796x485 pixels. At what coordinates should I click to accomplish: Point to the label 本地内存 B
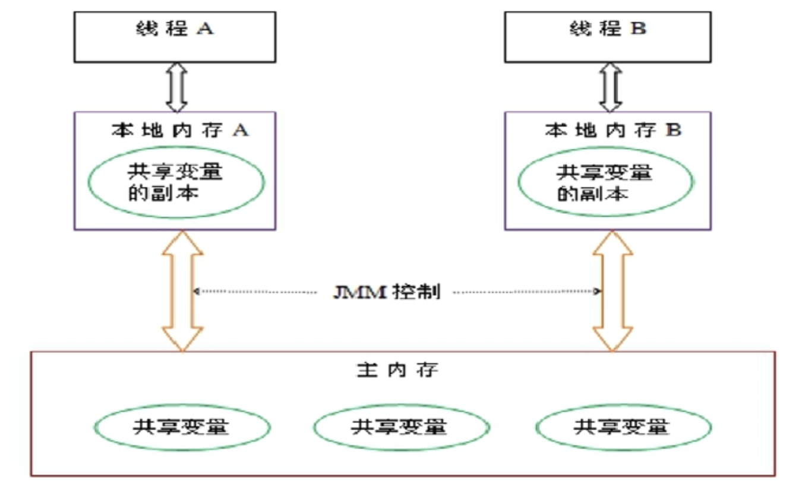612,130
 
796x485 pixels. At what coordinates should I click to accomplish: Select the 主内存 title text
397,370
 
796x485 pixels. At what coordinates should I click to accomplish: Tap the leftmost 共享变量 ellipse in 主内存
182,427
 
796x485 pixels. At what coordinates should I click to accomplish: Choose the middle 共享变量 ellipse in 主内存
402,427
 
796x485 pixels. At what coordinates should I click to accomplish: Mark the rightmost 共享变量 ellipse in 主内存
623,427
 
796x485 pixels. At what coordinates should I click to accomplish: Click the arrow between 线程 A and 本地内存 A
176,87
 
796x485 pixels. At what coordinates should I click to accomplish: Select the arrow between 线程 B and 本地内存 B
609,87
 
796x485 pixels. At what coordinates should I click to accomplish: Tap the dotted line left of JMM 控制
255,292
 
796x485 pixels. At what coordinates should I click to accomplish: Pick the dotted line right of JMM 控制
526,292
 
